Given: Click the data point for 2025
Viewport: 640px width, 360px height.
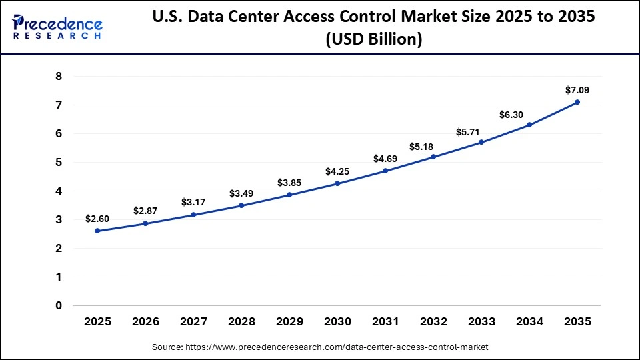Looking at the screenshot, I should [97, 231].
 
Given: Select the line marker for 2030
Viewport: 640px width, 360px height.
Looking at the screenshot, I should [337, 183].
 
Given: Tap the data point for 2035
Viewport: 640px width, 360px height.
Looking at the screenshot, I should [577, 102].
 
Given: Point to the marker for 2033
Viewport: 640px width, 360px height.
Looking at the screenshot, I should [481, 142].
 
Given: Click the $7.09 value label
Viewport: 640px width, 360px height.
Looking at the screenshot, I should [577, 90].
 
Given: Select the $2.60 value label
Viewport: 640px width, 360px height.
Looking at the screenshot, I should [97, 219].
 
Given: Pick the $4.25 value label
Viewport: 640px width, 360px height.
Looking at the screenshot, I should [337, 171].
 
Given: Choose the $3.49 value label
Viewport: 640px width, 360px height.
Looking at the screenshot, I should [241, 193].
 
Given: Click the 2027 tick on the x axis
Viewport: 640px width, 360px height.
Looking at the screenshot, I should [193, 321].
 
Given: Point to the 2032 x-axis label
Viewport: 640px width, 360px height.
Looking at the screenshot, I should [433, 321].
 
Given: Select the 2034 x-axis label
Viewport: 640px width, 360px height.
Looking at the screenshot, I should [529, 321].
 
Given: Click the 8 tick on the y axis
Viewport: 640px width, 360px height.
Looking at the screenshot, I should [59, 77].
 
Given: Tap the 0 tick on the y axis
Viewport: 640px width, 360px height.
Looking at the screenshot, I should [59, 306].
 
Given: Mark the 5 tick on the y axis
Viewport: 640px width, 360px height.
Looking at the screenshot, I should [59, 163].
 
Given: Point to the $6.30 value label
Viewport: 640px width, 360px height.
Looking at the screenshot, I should [512, 115].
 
